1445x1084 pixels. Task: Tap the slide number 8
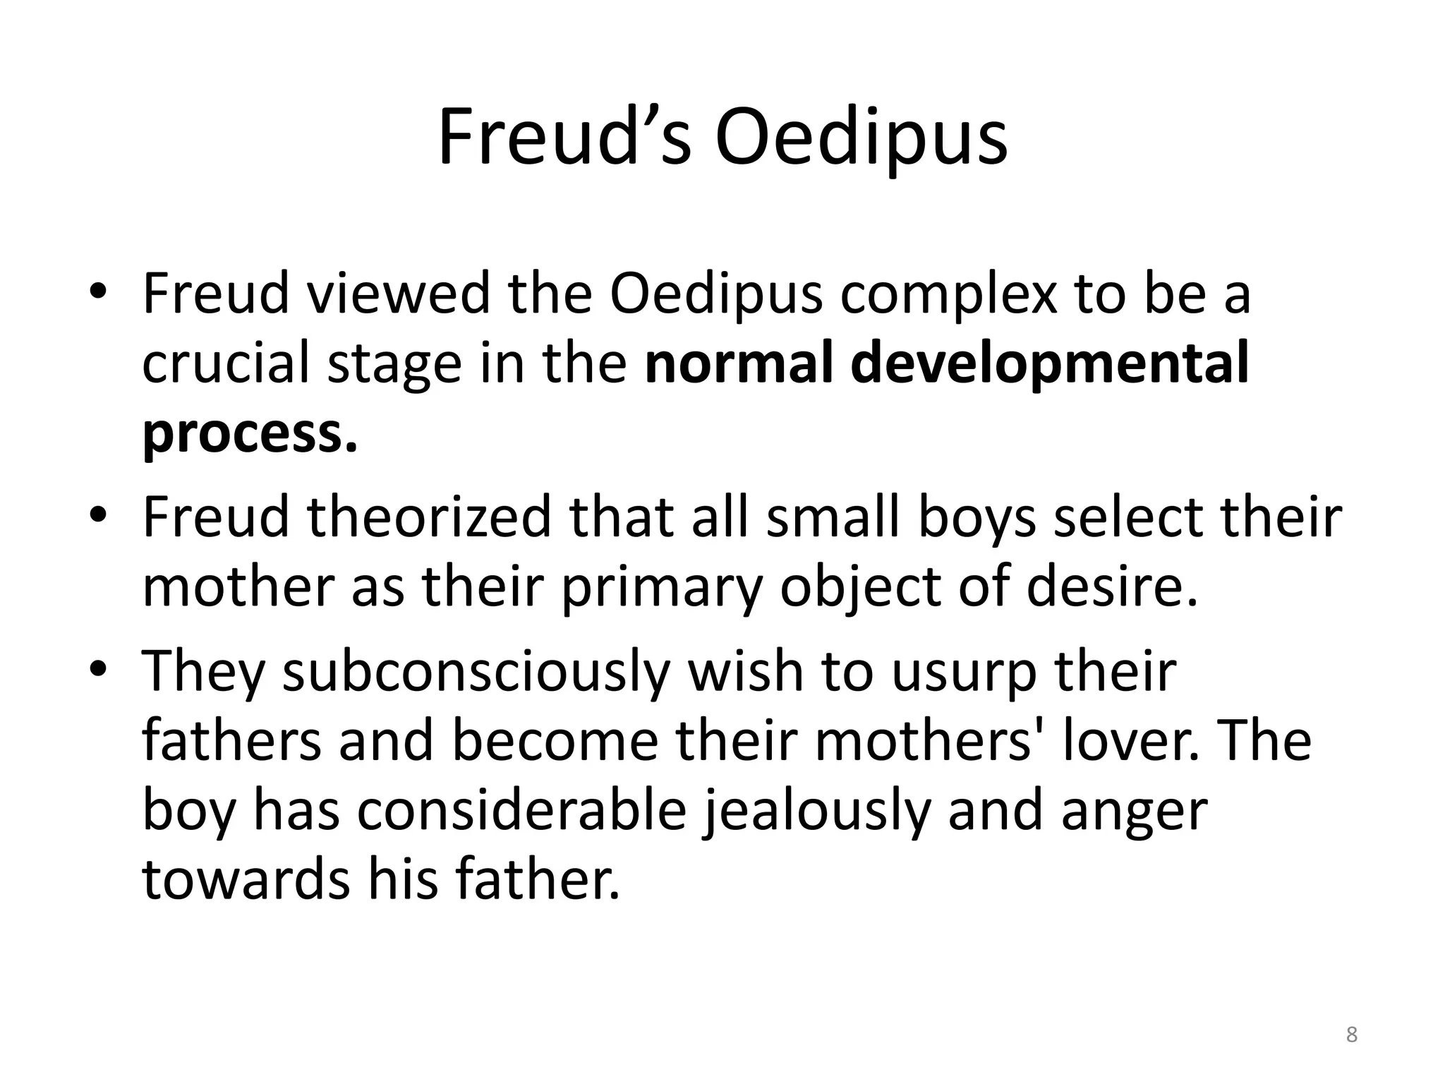[1351, 1035]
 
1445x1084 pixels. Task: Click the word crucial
[226, 363]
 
